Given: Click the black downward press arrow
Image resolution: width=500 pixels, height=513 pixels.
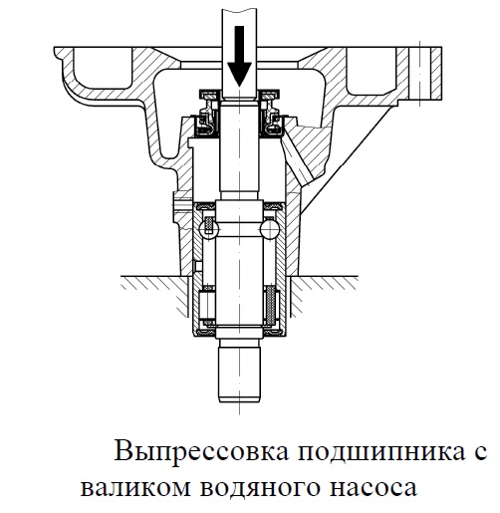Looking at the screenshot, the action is coord(239,57).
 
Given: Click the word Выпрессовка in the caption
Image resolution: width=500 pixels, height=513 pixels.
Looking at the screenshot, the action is coord(201,451).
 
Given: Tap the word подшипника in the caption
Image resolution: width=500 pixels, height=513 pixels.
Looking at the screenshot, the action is coord(381,452).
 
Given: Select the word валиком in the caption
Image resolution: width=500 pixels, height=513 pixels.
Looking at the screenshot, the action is coord(135,487).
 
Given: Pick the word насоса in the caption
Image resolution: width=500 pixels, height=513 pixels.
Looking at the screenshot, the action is coord(373,488).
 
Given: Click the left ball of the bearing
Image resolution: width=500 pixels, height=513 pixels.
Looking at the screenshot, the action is coord(208,228).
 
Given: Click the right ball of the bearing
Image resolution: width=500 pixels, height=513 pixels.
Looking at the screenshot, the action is coord(269,228).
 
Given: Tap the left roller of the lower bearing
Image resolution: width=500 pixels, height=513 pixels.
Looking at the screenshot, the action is coord(206,305).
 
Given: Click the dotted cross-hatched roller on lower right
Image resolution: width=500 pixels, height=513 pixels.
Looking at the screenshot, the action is coord(271,305).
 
